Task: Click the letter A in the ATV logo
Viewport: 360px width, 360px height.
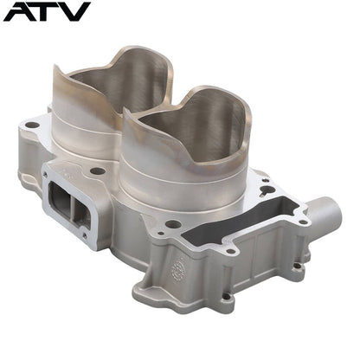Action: click(22, 11)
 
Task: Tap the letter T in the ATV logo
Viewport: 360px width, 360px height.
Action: click(52, 11)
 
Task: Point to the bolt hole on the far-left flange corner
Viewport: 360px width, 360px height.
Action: click(32, 125)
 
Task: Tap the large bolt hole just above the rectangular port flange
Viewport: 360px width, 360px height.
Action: click(97, 170)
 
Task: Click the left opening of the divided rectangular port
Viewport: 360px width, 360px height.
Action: click(59, 199)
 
